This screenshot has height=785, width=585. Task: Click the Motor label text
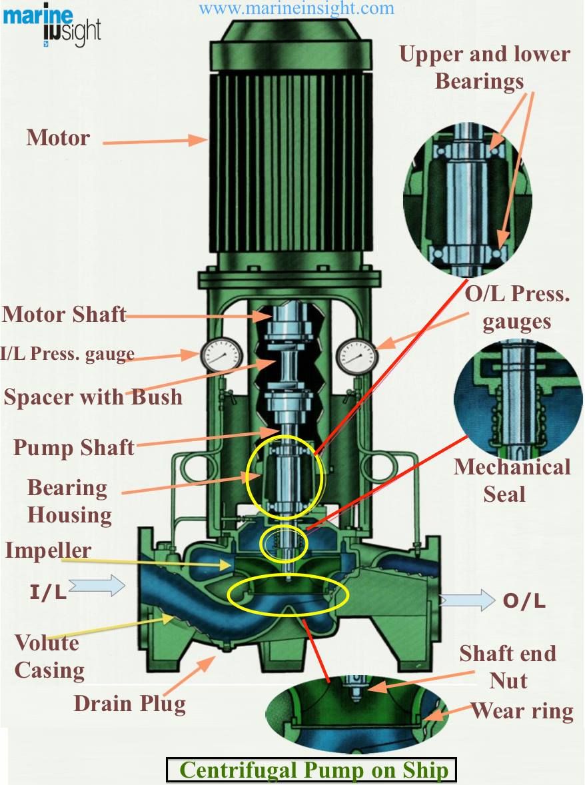(x=58, y=138)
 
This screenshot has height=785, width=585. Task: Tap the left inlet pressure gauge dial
(x=213, y=356)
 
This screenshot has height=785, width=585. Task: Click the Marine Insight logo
(x=52, y=27)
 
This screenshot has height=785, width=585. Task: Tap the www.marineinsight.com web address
(x=296, y=9)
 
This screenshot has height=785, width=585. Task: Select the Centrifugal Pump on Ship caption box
(x=310, y=770)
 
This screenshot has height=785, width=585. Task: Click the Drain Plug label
(x=129, y=703)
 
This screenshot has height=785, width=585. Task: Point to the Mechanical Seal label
(x=512, y=480)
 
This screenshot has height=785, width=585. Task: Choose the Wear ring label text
(x=522, y=711)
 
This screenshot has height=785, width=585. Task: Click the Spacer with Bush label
(x=93, y=397)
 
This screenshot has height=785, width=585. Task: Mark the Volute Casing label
(x=49, y=656)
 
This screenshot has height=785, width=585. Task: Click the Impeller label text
(x=48, y=550)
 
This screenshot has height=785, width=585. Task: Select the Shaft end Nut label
(x=508, y=666)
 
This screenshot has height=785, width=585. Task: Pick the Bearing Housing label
(x=69, y=501)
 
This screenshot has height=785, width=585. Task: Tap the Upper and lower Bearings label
(x=484, y=67)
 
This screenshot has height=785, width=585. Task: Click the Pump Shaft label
(x=74, y=447)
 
